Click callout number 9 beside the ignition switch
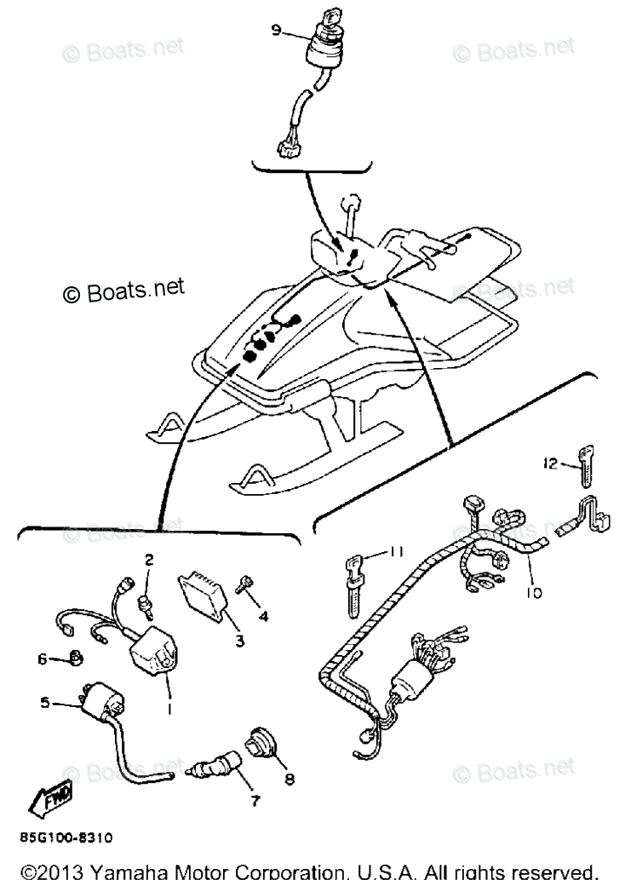click(x=276, y=31)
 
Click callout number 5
click(x=45, y=703)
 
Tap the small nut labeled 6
click(x=75, y=656)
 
